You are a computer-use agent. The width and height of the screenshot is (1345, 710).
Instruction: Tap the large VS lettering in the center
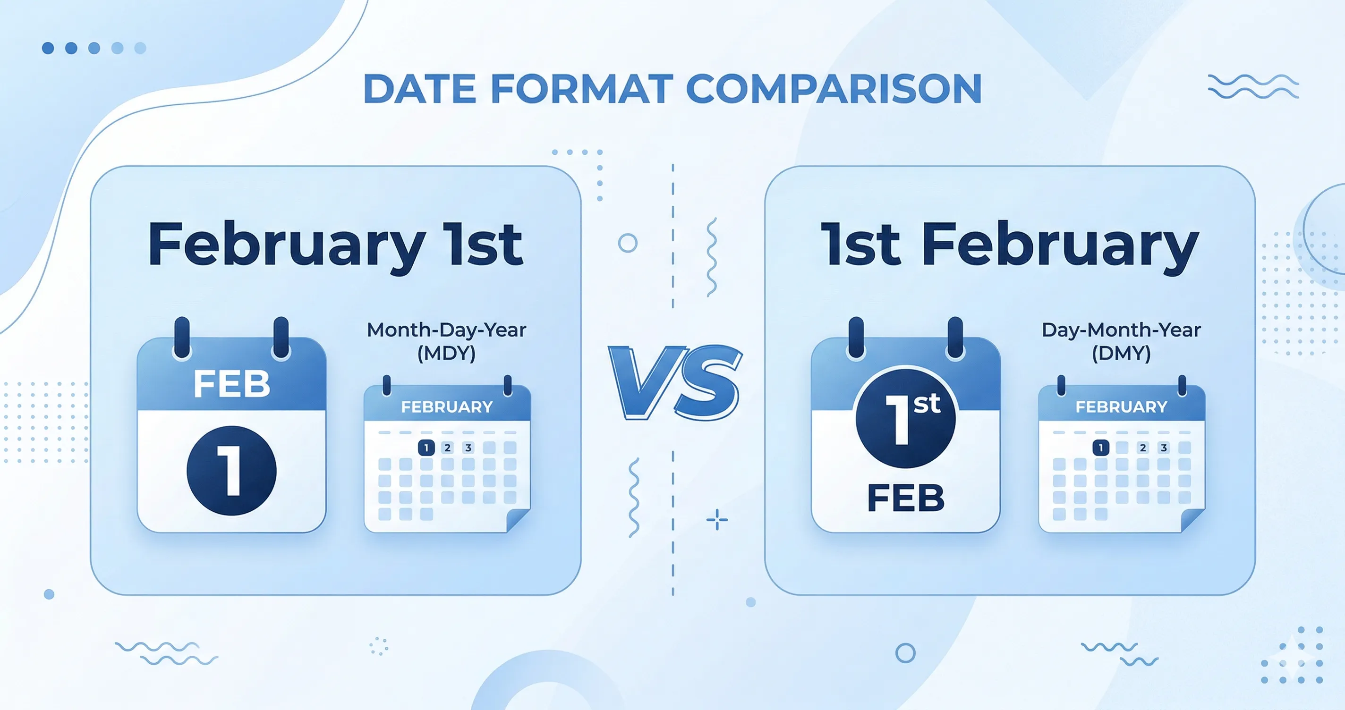pos(674,382)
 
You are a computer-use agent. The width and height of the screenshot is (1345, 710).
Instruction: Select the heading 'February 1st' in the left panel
pos(335,245)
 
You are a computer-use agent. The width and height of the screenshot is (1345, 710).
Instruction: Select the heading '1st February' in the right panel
pos(1009,245)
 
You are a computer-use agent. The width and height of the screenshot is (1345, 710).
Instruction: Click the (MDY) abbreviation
pos(446,354)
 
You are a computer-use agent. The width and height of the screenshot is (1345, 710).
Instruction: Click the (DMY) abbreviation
pos(1121,354)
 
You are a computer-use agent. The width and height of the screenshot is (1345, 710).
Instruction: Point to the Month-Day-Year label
pos(446,330)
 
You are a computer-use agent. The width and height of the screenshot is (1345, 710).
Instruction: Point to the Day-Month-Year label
pos(1121,330)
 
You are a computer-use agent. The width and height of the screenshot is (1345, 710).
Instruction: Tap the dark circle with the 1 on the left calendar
pos(231,470)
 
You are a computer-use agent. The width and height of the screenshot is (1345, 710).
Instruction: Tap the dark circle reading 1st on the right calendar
pos(905,418)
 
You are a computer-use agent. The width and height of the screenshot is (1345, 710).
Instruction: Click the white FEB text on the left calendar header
pos(231,384)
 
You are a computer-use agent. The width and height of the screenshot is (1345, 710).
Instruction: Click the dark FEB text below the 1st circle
pos(905,498)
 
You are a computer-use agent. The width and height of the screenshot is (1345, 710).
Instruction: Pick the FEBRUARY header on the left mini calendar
pos(446,406)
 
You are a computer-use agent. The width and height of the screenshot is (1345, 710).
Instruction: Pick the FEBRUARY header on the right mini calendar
pos(1121,406)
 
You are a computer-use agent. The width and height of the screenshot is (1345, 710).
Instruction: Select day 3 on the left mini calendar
pos(468,448)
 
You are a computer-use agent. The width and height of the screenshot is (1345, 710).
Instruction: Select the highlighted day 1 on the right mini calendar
pos(1101,448)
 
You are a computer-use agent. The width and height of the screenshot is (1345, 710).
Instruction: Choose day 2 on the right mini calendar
pos(1143,448)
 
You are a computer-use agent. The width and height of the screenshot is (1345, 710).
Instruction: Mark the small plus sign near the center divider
pos(717,519)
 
